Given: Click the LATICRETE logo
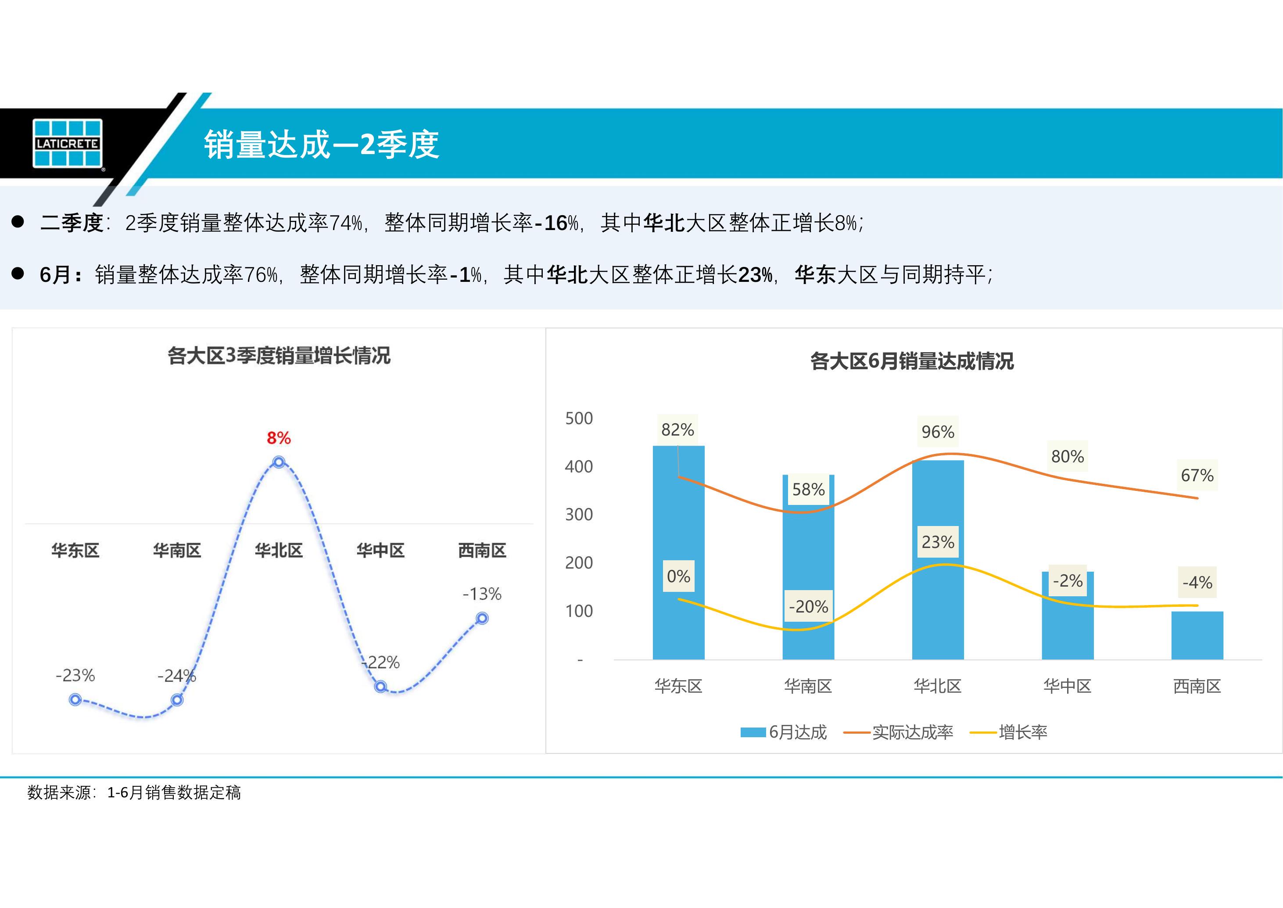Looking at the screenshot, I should [68, 143].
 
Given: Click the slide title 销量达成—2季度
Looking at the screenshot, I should [321, 144].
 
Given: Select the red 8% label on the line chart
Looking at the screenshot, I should [278, 438].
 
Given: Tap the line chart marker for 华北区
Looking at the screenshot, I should [279, 462].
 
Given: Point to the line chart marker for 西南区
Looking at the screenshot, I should [482, 618].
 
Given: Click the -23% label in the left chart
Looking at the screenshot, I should [75, 675].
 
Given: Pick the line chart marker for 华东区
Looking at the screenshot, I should [75, 699].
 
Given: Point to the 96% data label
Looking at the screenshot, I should [938, 432].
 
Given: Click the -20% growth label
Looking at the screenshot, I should [808, 606].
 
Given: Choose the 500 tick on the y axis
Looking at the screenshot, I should [579, 418].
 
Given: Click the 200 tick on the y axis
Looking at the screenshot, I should [579, 562].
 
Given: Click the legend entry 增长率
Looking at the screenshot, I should [1023, 732].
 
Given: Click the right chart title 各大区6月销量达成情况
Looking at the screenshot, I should [912, 361].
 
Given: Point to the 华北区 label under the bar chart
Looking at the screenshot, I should [938, 686].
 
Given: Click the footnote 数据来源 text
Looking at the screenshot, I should [134, 792].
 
